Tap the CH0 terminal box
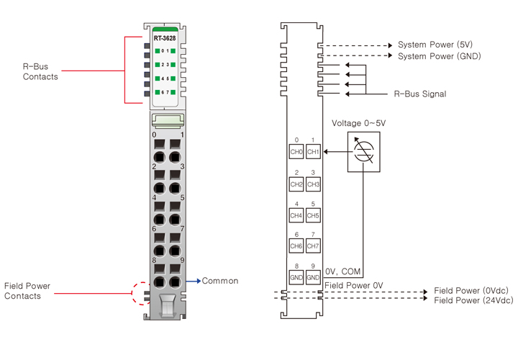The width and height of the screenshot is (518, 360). tap(296, 152)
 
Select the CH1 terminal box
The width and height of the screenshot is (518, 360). tap(313, 152)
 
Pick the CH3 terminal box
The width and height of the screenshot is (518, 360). tap(313, 184)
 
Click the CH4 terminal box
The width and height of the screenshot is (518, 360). tap(296, 215)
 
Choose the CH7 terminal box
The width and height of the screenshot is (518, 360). tap(313, 246)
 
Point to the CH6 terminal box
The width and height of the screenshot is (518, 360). tap(296, 246)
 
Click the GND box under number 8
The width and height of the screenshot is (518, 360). tap(296, 276)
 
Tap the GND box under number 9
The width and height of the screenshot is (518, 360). tap(313, 276)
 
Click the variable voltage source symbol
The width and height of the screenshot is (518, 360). tap(363, 152)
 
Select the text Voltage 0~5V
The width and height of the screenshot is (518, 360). tap(358, 124)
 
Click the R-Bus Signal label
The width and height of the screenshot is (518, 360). tap(420, 94)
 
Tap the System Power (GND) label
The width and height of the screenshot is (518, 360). tap(440, 55)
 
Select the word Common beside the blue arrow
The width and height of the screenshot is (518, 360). tap(220, 281)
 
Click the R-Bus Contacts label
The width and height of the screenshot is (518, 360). tap(40, 72)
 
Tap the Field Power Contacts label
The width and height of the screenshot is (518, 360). tap(27, 291)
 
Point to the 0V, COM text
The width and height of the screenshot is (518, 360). tap(343, 271)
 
